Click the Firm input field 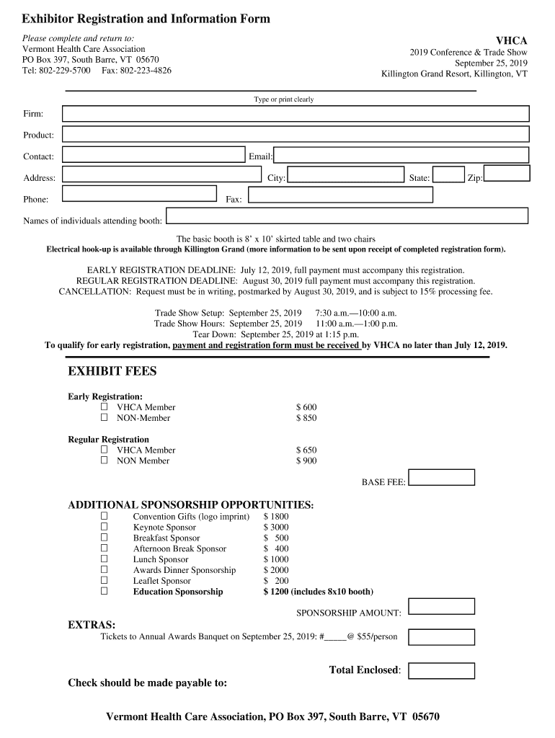click(x=296, y=114)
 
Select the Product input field click(x=296, y=135)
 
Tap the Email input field click(x=401, y=156)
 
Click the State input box click(x=448, y=175)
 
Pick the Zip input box click(x=507, y=174)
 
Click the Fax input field click(x=340, y=195)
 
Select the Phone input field click(x=139, y=194)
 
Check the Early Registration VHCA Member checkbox click(x=104, y=407)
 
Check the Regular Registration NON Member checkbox click(x=104, y=461)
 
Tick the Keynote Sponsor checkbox click(x=104, y=527)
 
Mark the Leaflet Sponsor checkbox click(x=104, y=580)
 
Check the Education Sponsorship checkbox click(x=104, y=591)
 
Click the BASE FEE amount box click(x=442, y=477)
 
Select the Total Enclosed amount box click(x=442, y=671)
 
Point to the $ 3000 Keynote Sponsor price click(x=276, y=528)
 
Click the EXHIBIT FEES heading click(x=112, y=372)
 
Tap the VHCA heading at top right click(x=511, y=41)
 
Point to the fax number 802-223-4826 click(x=146, y=71)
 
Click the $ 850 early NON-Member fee click(x=306, y=418)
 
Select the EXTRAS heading click(x=92, y=625)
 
